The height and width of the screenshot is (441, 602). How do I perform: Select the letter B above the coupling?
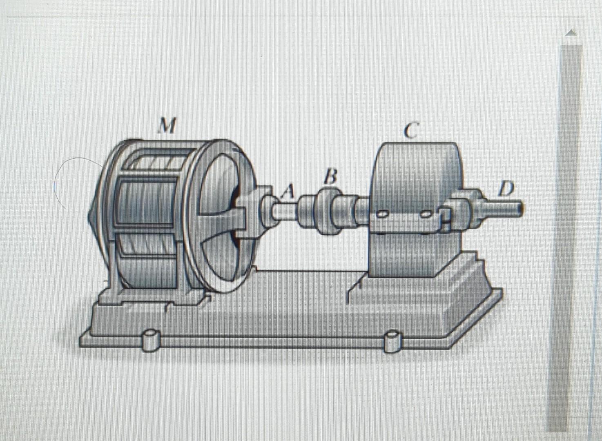click(331, 178)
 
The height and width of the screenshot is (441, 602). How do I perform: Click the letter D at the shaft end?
click(506, 189)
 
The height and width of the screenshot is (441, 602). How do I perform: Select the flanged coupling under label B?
click(327, 212)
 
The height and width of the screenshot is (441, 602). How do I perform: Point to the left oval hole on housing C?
click(382, 214)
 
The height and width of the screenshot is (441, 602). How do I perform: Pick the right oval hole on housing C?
click(426, 214)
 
